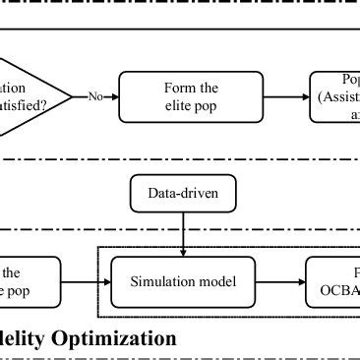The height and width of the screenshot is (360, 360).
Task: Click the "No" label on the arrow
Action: (95, 96)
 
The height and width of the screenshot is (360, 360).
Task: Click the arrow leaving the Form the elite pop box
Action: (279, 96)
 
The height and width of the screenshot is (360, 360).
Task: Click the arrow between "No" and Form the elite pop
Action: (112, 96)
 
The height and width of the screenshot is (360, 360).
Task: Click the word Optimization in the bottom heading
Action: (118, 339)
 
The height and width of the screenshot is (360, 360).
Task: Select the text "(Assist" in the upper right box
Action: (339, 96)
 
